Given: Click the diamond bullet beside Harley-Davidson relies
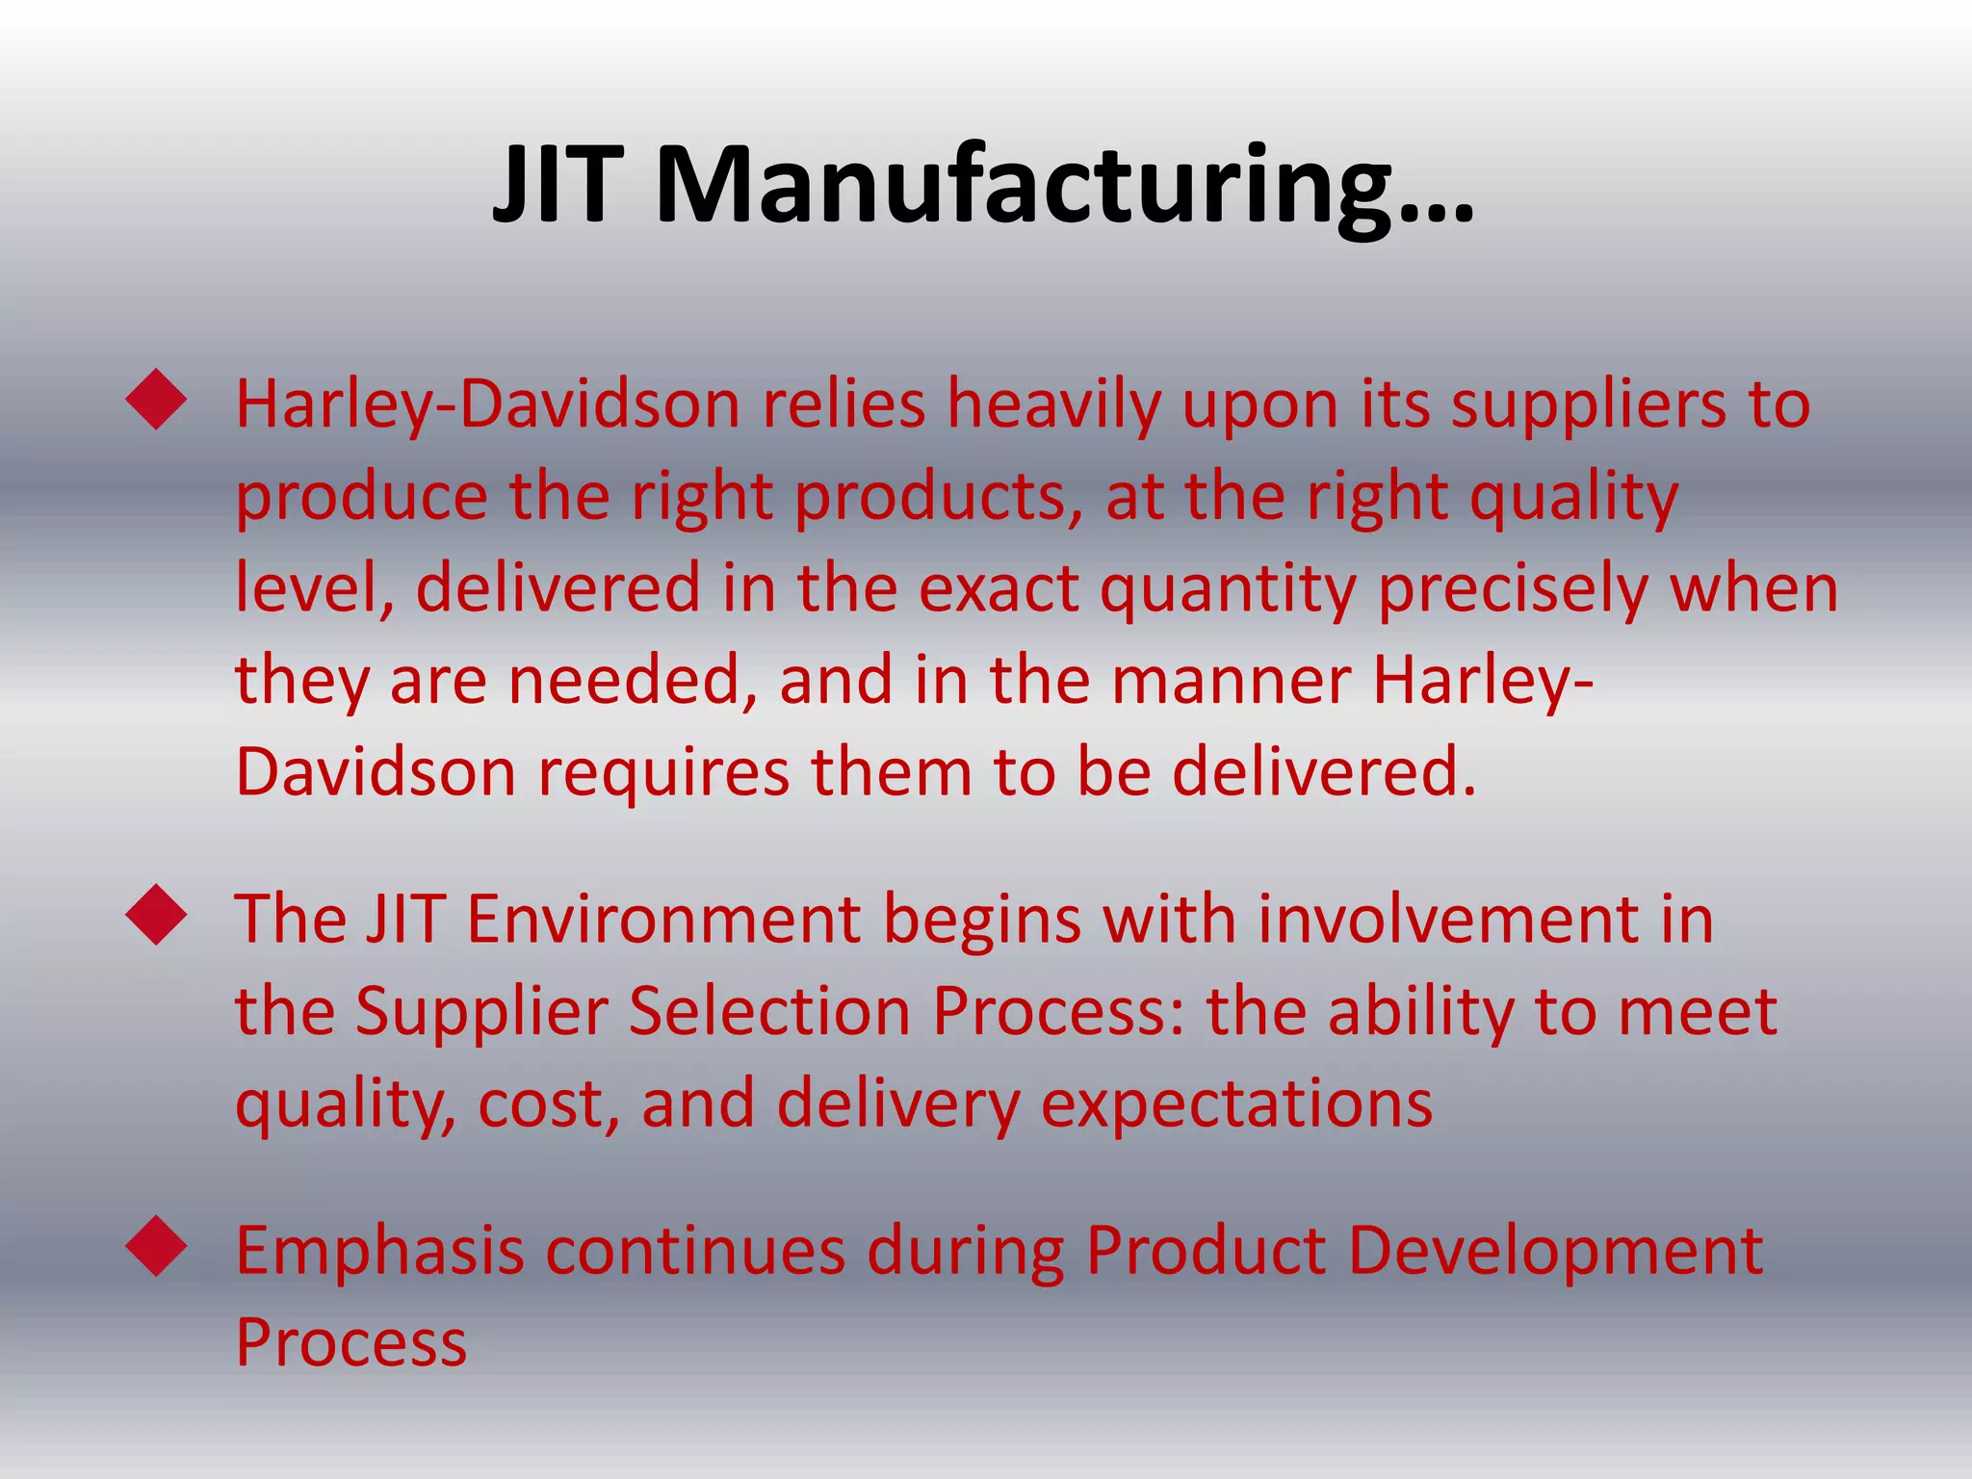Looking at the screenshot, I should point(156,401).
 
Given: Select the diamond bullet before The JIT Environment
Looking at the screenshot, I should point(156,916).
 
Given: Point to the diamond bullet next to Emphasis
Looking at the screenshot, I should point(156,1248).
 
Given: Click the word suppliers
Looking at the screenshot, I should point(1589,406).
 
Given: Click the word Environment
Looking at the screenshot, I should point(663,920).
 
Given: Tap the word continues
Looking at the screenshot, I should point(695,1252).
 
